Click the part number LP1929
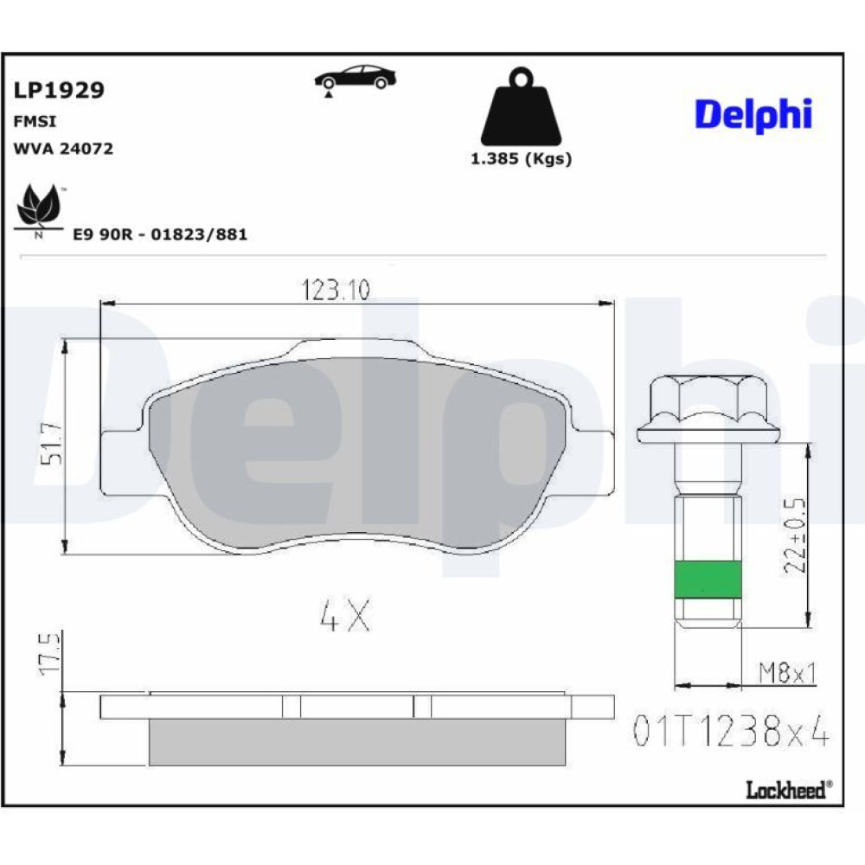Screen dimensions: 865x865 [59, 90]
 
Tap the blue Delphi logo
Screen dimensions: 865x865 [753, 115]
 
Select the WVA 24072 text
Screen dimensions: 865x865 [63, 149]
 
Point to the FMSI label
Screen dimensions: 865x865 [35, 121]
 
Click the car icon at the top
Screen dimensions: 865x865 [356, 80]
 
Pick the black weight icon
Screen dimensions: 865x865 [521, 106]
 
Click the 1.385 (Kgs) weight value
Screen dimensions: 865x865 [521, 159]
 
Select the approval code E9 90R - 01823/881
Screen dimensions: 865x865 [161, 234]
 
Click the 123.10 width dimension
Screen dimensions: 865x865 [336, 290]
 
